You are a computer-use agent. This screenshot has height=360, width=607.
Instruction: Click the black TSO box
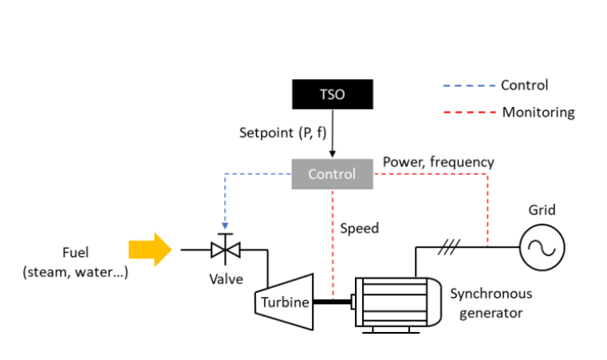[333, 94]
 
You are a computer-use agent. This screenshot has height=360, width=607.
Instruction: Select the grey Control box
[333, 174]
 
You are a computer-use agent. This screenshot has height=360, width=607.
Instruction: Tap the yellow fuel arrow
[150, 250]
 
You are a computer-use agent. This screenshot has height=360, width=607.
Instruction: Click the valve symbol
[225, 249]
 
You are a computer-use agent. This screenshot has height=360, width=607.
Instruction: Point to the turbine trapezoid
[284, 302]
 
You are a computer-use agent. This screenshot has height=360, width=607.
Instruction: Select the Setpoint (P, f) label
[283, 133]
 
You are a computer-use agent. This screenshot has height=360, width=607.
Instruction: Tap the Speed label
[359, 228]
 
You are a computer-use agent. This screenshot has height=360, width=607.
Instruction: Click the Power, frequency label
[439, 162]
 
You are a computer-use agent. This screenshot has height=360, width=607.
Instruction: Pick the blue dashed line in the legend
[469, 85]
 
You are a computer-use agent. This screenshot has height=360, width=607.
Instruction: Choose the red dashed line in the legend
[470, 113]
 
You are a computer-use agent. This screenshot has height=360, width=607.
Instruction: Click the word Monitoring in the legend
[538, 113]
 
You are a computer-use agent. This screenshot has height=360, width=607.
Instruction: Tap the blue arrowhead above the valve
[225, 226]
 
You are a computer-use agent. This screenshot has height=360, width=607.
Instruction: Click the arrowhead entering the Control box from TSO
[332, 154]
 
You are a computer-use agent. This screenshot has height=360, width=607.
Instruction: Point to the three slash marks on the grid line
[449, 247]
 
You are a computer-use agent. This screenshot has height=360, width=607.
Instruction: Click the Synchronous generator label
[491, 303]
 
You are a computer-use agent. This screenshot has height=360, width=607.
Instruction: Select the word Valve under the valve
[226, 279]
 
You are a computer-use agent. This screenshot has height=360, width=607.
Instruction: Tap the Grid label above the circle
[542, 210]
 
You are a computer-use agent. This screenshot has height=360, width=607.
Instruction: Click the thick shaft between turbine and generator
[332, 302]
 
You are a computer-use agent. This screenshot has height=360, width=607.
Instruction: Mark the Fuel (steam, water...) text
[75, 263]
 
